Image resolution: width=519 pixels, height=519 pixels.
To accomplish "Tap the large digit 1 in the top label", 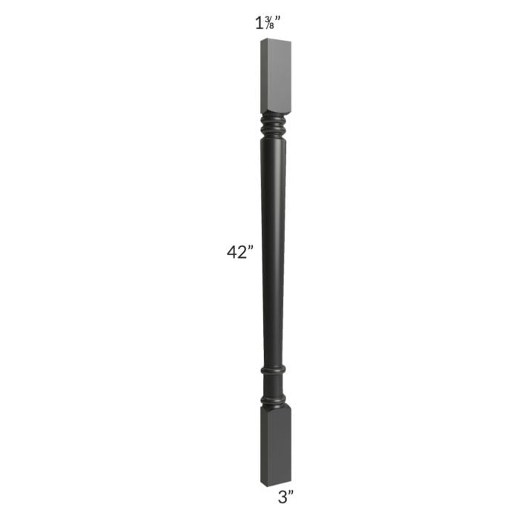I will [x=259, y=23].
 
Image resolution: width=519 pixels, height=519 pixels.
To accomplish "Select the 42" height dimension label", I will [x=240, y=252].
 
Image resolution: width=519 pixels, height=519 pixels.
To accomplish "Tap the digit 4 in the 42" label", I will [x=232, y=252].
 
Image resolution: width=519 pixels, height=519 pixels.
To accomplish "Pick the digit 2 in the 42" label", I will [x=243, y=252].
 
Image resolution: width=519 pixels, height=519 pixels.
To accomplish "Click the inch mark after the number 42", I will [x=251, y=248].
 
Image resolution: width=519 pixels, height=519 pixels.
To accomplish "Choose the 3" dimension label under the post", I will [x=286, y=497].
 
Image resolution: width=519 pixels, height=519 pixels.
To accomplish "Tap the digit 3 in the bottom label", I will [x=282, y=497].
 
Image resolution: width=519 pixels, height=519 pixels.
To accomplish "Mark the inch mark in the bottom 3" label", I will [x=292, y=493].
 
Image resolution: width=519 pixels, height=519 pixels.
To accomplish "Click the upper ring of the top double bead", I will [x=274, y=119].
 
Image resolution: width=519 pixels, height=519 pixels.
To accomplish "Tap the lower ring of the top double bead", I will [x=274, y=130].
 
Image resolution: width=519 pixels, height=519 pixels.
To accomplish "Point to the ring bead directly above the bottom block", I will [x=273, y=400].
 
